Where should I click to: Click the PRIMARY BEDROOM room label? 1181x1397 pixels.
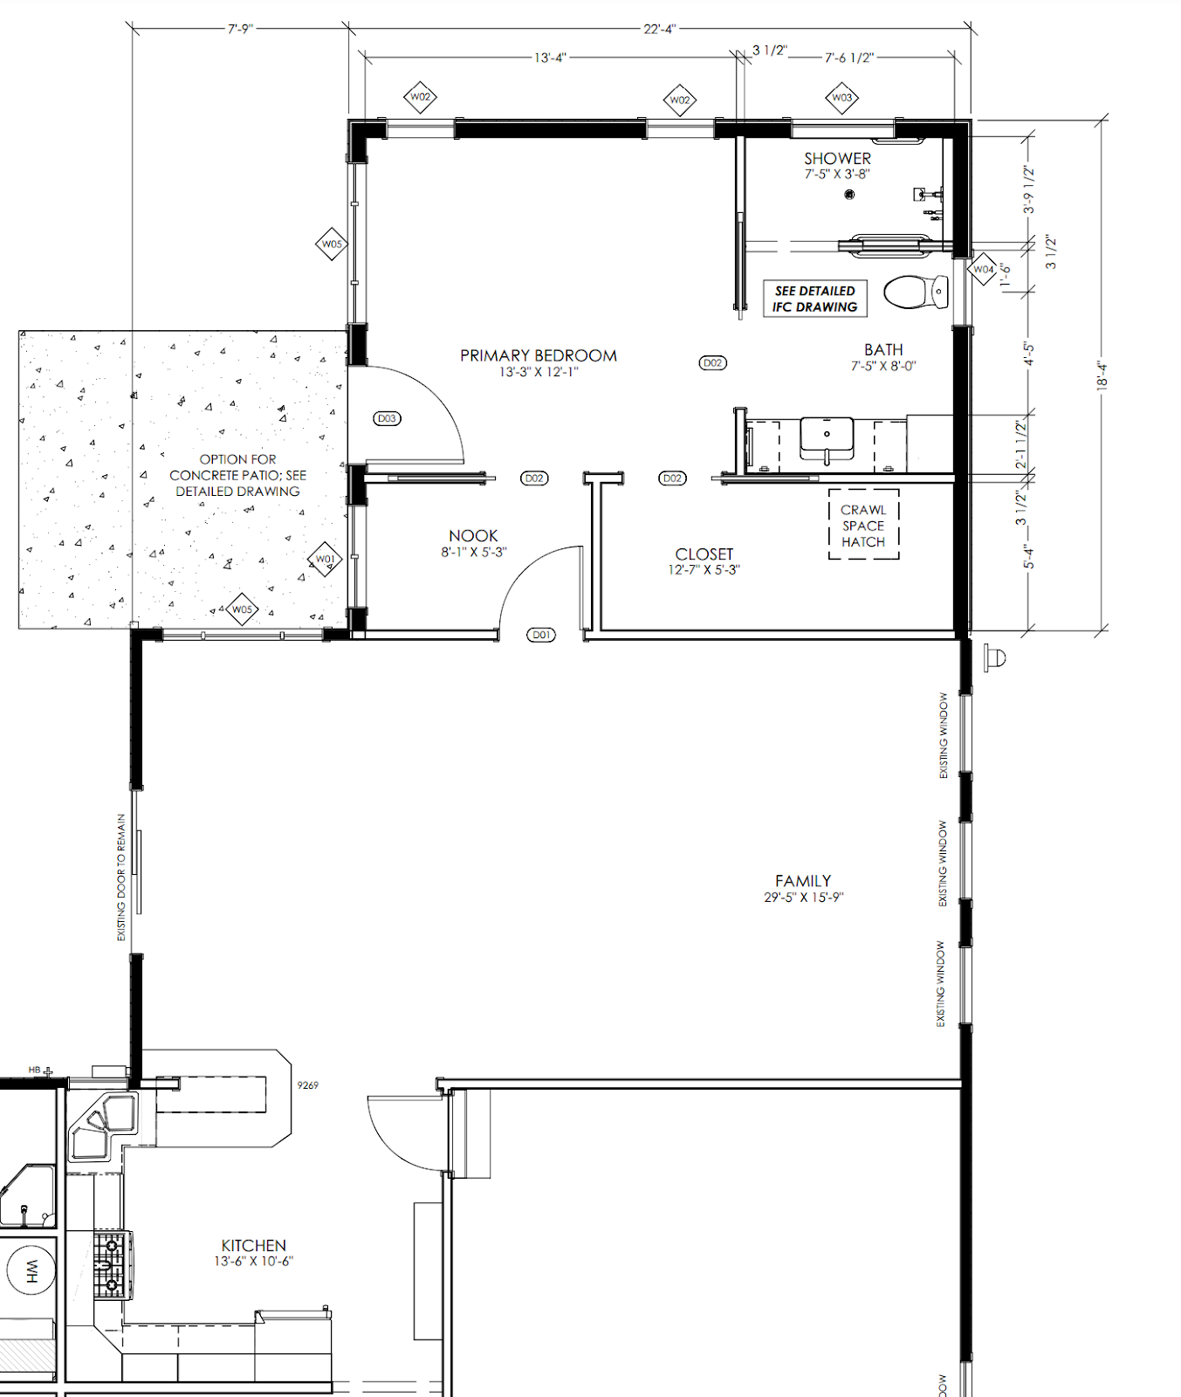(539, 355)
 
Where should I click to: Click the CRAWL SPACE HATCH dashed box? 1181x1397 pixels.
(863, 526)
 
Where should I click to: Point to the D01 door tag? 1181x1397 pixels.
(542, 635)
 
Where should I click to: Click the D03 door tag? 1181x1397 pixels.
(387, 418)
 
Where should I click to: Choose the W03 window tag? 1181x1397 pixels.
(841, 98)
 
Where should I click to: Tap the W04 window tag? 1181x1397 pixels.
(983, 269)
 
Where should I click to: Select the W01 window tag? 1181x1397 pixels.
(325, 559)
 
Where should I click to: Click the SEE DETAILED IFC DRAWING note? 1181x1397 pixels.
(814, 299)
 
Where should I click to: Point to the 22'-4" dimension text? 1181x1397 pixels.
(659, 29)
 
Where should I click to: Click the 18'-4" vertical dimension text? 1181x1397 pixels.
(1102, 375)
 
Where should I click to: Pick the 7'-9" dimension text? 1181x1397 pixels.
(240, 29)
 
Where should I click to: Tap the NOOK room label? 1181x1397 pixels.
(473, 535)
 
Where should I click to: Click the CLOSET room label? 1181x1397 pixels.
(704, 554)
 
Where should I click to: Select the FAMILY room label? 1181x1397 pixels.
(803, 881)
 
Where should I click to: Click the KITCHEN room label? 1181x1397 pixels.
(253, 1245)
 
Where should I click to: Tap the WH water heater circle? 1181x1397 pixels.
(31, 1270)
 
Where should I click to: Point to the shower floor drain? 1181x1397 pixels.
(849, 194)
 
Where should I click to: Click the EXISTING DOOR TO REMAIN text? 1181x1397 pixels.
(121, 877)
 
